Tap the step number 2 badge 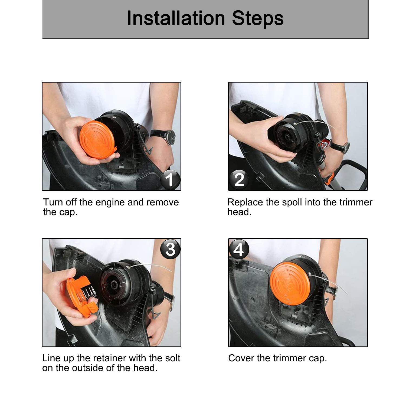tap(239, 179)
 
